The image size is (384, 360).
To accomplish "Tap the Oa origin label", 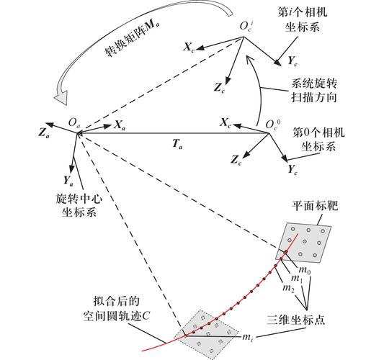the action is pos(74,122).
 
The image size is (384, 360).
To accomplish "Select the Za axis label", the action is pos(44,132).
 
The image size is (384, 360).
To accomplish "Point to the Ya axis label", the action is pos(68,181).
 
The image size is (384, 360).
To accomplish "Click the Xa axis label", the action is pos(120,125).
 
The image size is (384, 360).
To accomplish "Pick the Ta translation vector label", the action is pos(177,144).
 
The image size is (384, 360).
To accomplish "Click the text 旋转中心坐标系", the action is pos(79,206).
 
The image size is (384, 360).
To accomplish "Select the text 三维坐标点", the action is pos(295,320).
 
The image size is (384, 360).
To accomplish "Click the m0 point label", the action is pos(305,270).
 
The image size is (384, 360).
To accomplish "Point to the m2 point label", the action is pos(288,288).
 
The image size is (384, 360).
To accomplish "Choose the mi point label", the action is pos(247,338).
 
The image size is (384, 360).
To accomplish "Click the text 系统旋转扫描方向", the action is pos(314,91).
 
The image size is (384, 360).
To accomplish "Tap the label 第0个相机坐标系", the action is pos(318,140).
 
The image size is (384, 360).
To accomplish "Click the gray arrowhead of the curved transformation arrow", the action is pos(61,96).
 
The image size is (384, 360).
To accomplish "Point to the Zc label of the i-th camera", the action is pos(220,88).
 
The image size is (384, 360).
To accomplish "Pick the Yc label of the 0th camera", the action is pos(293,170).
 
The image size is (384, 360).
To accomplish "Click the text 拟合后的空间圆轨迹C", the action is pos(116,308).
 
